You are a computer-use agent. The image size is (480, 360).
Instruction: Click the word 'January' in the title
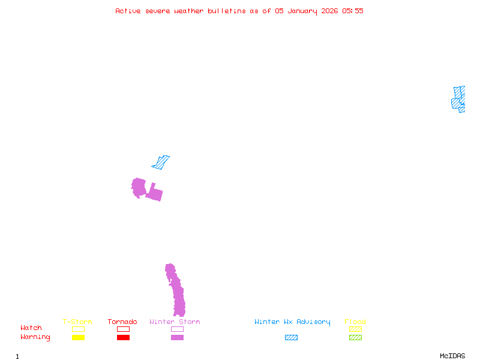click(302, 11)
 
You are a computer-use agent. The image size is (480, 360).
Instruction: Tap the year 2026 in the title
click(329, 11)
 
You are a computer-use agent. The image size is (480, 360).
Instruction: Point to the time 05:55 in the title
click(353, 11)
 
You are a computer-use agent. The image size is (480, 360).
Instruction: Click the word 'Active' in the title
click(128, 11)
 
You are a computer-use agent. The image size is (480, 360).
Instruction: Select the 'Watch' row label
click(31, 328)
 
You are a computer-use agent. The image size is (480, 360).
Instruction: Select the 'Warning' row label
click(35, 337)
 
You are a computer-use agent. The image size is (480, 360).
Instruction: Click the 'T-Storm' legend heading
click(77, 322)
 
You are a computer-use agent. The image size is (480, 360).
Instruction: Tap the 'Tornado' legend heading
click(122, 322)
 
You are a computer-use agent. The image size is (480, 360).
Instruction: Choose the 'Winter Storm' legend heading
click(175, 322)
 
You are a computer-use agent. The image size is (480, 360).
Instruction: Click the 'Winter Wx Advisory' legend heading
click(292, 322)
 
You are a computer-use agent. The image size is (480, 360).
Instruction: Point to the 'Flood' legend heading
click(355, 322)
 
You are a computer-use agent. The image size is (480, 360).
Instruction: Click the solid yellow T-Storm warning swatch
click(79, 337)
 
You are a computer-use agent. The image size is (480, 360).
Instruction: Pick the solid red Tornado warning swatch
click(124, 337)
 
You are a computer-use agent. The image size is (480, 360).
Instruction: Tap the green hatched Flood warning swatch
click(355, 337)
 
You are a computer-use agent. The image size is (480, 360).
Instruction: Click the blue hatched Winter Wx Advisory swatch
click(291, 337)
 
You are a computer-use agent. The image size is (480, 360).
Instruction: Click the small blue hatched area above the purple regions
click(161, 163)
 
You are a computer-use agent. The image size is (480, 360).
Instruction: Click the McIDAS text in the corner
click(452, 356)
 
